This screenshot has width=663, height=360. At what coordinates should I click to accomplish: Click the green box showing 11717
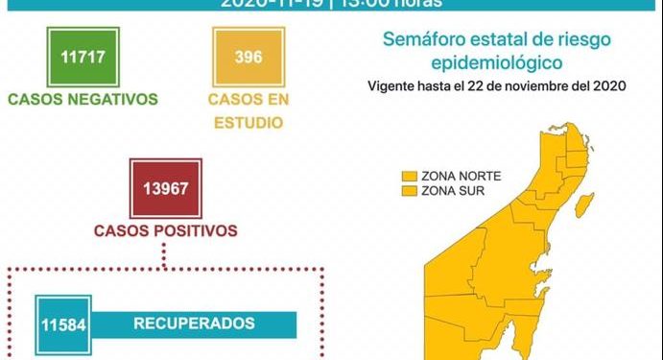82,57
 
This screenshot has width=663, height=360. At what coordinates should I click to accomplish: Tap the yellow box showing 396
249,57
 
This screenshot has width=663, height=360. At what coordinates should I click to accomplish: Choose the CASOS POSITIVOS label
165,231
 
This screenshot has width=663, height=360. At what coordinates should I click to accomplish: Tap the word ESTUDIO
249,122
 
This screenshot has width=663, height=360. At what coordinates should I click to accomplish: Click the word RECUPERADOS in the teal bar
194,323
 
